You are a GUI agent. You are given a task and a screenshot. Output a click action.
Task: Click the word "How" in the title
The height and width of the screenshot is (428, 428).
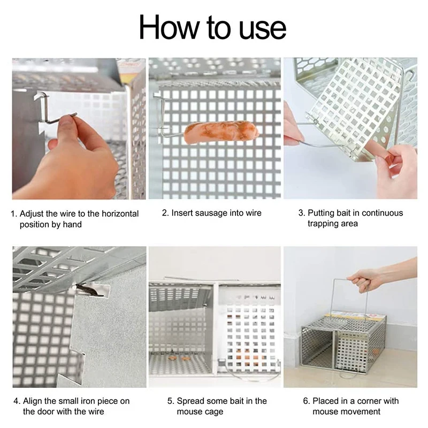click(169, 27)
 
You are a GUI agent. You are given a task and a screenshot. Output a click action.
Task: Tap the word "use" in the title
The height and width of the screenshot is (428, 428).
click(263, 29)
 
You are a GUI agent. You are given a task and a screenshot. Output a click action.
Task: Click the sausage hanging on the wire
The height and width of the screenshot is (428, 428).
click(221, 132)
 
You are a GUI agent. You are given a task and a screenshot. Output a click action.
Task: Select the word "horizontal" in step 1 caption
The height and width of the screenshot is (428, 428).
click(120, 213)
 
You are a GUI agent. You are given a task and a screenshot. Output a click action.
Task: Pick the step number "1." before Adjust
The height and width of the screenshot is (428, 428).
click(14, 213)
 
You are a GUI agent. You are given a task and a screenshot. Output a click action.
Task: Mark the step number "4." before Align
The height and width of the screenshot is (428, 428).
click(17, 401)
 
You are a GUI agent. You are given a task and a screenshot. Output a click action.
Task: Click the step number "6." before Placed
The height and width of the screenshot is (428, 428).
click(307, 401)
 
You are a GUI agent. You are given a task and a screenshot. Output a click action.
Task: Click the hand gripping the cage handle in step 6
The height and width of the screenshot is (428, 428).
click(360, 279)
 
